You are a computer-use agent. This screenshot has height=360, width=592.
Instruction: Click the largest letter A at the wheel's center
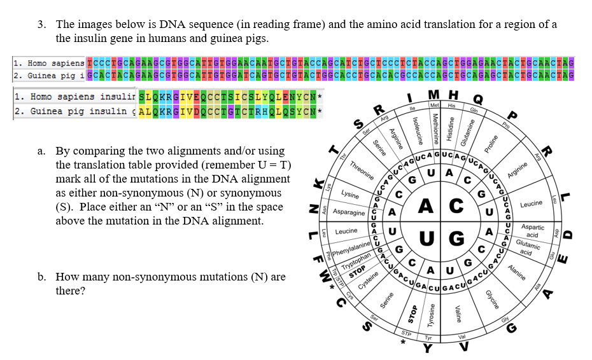[427, 206]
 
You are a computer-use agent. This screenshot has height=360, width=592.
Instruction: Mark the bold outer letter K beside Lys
[313, 184]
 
